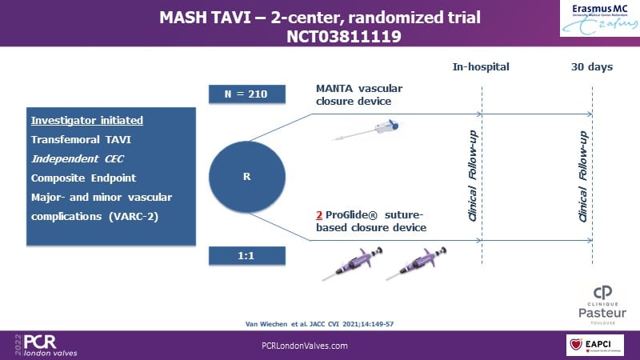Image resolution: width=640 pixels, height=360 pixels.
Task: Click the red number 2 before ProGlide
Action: click(x=320, y=216)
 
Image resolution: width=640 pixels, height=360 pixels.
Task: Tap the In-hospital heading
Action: click(x=481, y=66)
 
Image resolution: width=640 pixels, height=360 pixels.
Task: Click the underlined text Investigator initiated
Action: click(x=86, y=121)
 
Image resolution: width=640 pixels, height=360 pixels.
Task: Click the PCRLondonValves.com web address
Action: click(x=305, y=345)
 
